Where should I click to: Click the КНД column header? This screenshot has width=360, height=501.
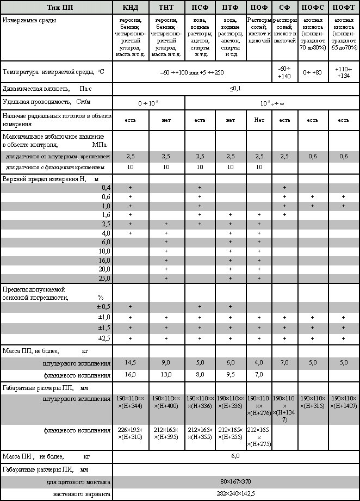131,8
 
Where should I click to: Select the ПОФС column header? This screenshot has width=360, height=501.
312,8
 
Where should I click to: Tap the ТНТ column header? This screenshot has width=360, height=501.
166,8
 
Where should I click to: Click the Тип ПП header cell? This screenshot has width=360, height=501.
56,8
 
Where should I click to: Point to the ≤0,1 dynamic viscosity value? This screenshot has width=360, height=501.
235,88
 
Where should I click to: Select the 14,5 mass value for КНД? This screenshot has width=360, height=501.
131,363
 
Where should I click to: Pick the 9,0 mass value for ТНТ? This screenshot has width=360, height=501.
166,363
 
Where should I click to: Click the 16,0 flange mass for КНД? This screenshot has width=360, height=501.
131,375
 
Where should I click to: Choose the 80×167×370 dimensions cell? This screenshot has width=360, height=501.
235,482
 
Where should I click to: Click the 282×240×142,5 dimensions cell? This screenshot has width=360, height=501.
235,494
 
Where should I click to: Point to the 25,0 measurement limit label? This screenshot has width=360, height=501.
104,279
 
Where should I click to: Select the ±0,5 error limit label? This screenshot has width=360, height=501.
102,307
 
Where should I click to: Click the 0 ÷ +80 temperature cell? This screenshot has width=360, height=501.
312,72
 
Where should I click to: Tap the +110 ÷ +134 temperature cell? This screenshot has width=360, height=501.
344,72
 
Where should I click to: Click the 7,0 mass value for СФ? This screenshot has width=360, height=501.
284,363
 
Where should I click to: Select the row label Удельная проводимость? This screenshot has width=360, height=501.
46,102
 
